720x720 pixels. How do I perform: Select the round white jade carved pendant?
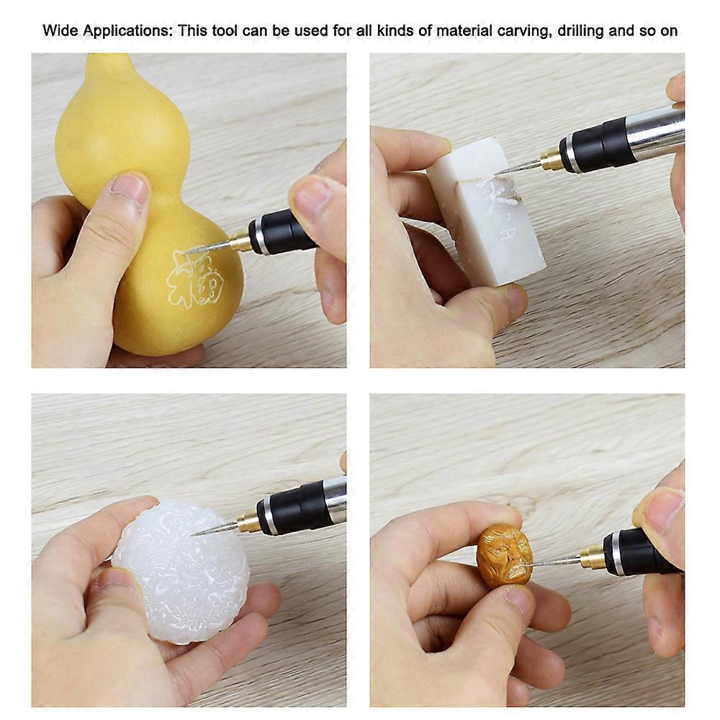[x=180, y=569]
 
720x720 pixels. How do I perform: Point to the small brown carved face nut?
[x=505, y=554]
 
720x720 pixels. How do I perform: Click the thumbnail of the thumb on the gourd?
[x=129, y=189]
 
